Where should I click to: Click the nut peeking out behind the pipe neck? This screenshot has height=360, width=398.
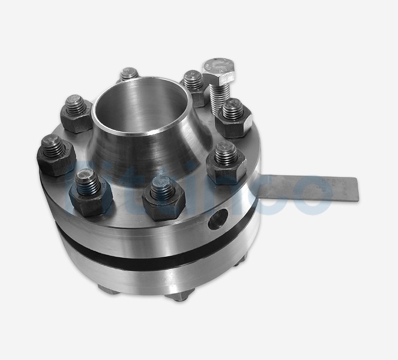(x=128, y=76)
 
